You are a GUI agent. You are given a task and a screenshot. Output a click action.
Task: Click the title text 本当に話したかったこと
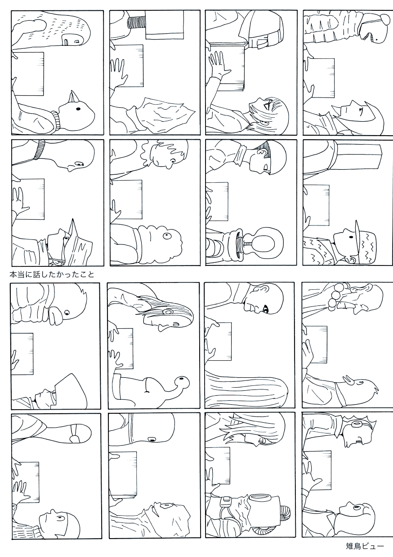point(52,274)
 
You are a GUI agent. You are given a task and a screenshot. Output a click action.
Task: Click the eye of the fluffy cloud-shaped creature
point(166,235)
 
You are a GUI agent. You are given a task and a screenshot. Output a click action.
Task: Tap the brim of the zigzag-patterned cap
point(357,233)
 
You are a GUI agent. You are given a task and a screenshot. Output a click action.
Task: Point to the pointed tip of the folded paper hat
point(73,219)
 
